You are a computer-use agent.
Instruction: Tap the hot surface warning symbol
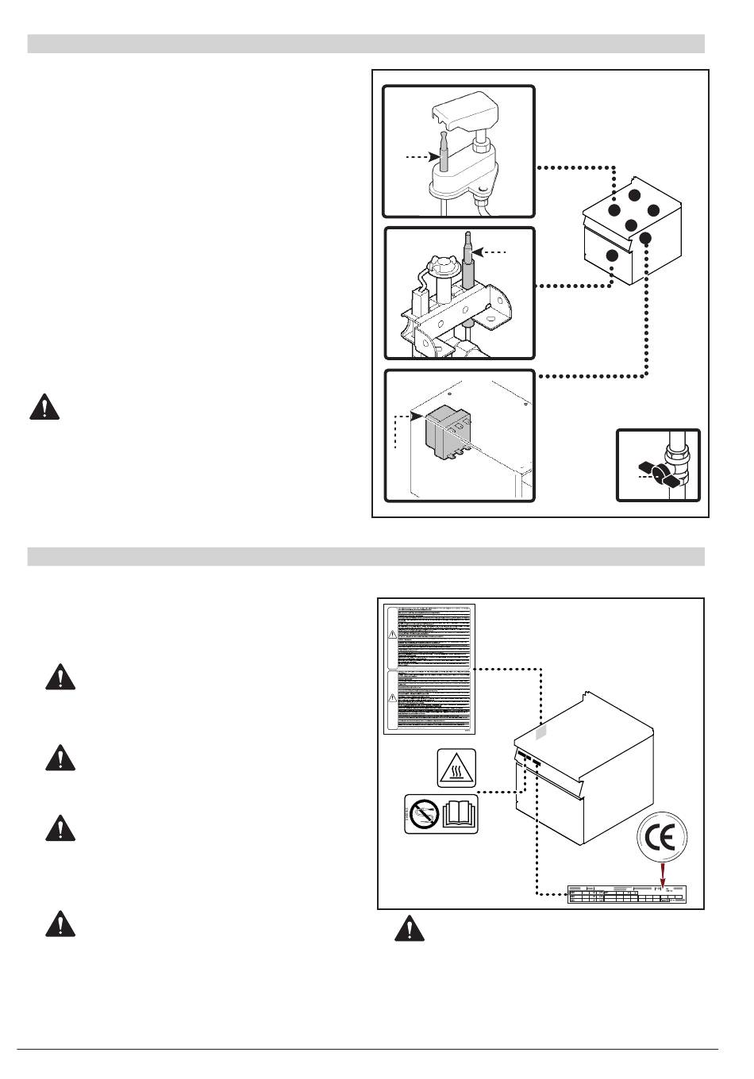coord(456,767)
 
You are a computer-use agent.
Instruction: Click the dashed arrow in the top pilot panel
coord(421,158)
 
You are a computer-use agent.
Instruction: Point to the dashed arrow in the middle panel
coord(492,252)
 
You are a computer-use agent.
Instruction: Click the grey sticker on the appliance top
coord(540,731)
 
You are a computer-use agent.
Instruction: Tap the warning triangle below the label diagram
coord(410,928)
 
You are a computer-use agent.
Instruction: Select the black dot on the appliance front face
coord(611,255)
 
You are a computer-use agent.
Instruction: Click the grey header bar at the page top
coord(366,43)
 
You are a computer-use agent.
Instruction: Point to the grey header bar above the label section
coord(366,555)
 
